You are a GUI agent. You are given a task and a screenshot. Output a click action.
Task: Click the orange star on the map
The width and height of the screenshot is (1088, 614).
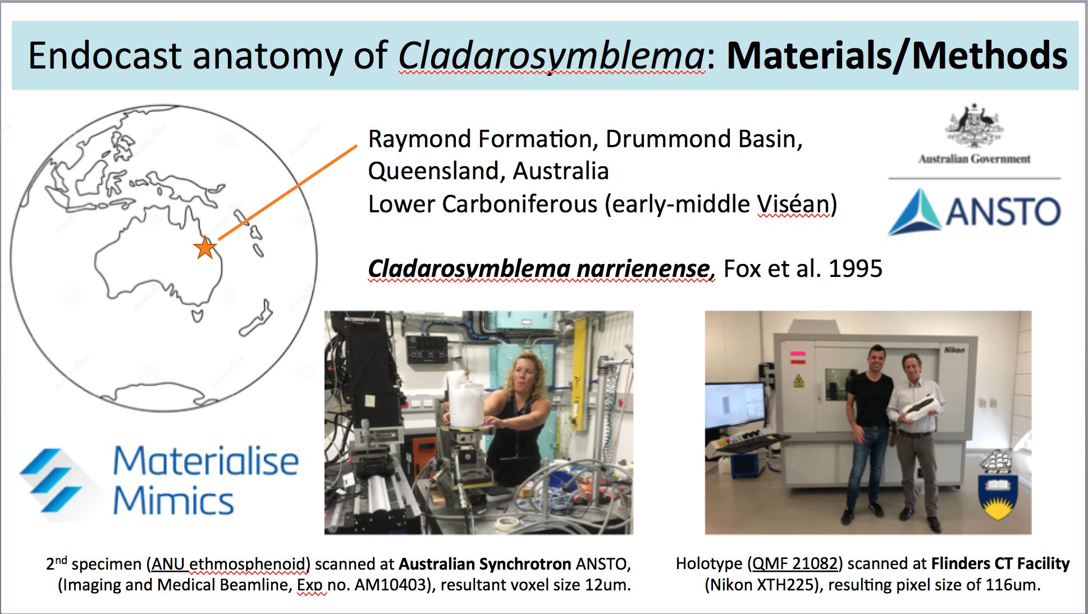point(205,248)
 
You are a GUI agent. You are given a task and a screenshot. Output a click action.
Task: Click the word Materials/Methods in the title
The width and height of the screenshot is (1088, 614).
point(897,56)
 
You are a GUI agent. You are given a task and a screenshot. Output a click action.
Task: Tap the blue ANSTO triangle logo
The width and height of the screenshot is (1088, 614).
point(915,211)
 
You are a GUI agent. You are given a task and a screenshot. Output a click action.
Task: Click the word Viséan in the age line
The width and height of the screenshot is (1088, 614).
point(793,204)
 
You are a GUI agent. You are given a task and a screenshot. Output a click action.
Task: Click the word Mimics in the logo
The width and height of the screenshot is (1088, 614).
point(173,501)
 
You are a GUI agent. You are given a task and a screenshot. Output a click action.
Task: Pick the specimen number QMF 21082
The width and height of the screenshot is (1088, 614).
point(795,563)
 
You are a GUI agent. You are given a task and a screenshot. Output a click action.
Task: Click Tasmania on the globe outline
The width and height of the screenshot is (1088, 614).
point(197,315)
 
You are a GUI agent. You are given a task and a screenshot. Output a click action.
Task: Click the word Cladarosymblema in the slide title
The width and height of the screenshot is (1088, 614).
point(551,56)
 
